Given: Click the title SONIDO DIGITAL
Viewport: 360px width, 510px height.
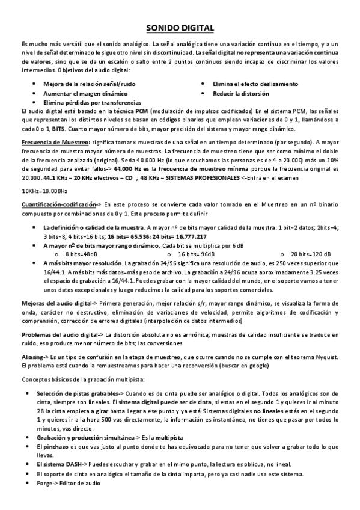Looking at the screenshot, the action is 180,28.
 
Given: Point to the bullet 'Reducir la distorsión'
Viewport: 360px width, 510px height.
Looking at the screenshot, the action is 241,94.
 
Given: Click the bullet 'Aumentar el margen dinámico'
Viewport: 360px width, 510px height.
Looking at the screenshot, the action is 85,94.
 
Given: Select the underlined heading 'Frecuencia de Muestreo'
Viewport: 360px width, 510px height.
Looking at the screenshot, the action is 54,141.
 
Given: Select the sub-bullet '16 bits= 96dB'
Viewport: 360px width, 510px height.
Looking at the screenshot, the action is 199,254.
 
